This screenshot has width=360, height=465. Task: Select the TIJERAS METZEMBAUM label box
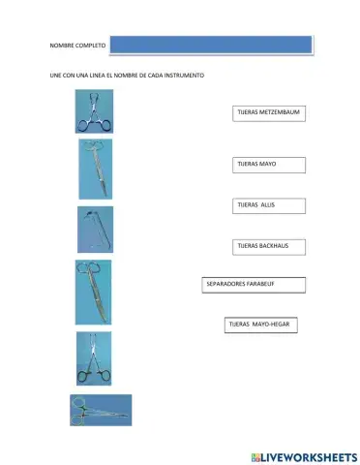[x=269, y=113]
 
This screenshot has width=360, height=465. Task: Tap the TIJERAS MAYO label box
[x=269, y=165]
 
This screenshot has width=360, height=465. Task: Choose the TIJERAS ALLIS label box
[x=269, y=205]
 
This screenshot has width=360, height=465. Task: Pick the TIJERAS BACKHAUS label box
[x=269, y=247]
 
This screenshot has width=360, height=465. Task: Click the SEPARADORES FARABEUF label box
[x=254, y=285]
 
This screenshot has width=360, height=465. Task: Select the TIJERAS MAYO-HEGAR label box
[x=259, y=325]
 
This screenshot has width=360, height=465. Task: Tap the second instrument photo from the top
[x=95, y=169]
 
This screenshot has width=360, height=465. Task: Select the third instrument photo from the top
[x=95, y=230]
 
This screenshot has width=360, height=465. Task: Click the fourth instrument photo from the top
[x=94, y=292]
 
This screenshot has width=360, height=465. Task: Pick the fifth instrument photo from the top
[x=94, y=358]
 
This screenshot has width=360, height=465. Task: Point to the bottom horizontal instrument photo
[x=100, y=410]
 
